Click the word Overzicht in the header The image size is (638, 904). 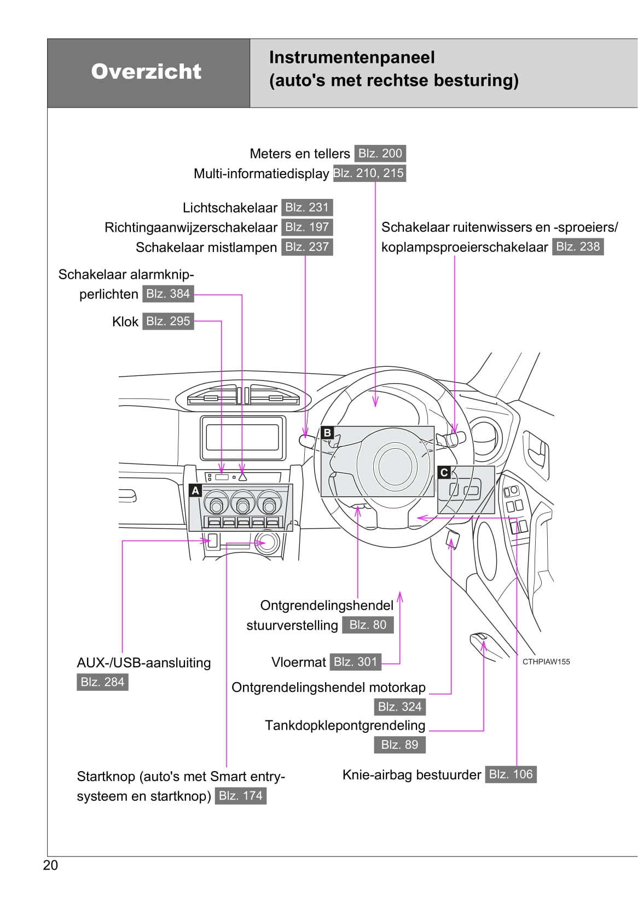pyautogui.click(x=146, y=72)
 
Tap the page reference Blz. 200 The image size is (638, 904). pyautogui.click(x=380, y=154)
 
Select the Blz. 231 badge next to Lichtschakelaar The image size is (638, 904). pyautogui.click(x=307, y=208)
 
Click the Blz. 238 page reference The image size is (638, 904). pyautogui.click(x=578, y=246)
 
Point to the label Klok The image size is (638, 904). pyautogui.click(x=125, y=322)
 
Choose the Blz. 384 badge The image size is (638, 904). pyautogui.click(x=168, y=294)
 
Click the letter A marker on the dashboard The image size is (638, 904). pyautogui.click(x=195, y=491)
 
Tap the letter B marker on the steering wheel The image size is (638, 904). pyautogui.click(x=327, y=433)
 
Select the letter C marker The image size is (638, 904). pyautogui.click(x=444, y=473)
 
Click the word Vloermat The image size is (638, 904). pyautogui.click(x=298, y=662)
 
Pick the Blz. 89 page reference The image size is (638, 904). pyautogui.click(x=399, y=744)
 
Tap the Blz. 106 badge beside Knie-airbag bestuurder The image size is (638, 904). pyautogui.click(x=511, y=774)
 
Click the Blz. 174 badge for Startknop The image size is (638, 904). pyautogui.click(x=241, y=796)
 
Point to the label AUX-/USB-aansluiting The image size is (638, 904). pyautogui.click(x=143, y=663)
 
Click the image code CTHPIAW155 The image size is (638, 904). pyautogui.click(x=546, y=662)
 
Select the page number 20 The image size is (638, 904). pyautogui.click(x=50, y=865)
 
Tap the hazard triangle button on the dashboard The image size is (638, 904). pyautogui.click(x=242, y=477)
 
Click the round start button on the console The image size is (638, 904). pyautogui.click(x=268, y=542)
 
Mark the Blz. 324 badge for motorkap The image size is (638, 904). pyautogui.click(x=399, y=707)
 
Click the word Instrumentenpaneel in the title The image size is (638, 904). pyautogui.click(x=352, y=57)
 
